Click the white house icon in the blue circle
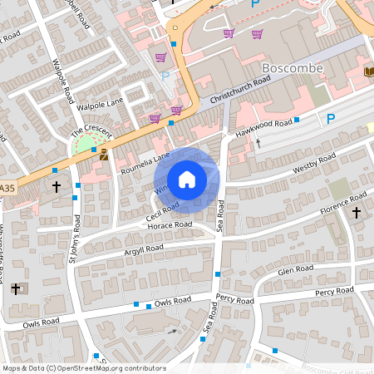pyautogui.click(x=187, y=179)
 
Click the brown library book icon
pyautogui.click(x=368, y=71)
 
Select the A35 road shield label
pyautogui.click(x=7, y=189)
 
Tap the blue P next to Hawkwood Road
pyautogui.click(x=331, y=120)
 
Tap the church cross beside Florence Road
pyautogui.click(x=357, y=213)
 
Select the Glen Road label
pyautogui.click(x=296, y=269)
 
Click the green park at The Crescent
pyautogui.click(x=85, y=145)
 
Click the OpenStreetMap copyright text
pyautogui.click(x=83, y=368)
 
